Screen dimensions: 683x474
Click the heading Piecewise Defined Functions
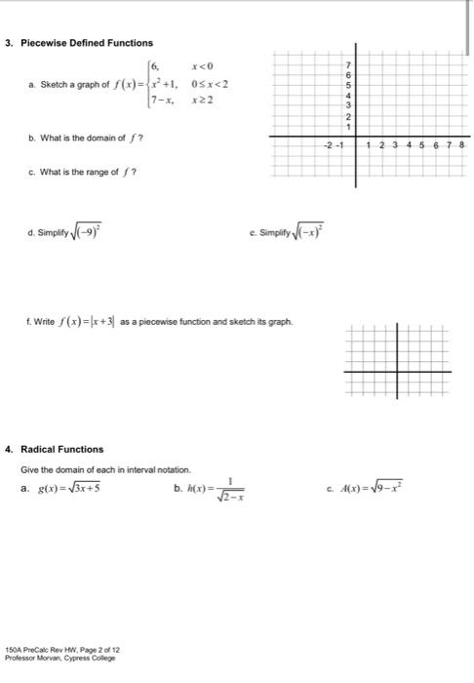87,43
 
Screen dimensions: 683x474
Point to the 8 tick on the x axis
461,145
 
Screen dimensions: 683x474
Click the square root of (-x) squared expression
313,234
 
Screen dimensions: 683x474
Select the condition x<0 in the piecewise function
203,65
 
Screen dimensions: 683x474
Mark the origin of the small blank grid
395,371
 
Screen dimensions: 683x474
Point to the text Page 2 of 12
98,650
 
